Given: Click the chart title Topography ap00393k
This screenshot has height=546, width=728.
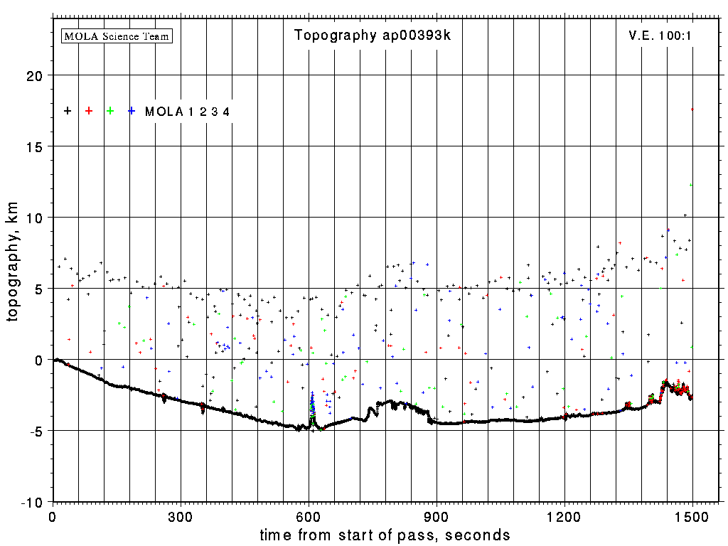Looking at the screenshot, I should click(373, 36).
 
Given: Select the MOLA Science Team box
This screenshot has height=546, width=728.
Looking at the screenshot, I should click(117, 36).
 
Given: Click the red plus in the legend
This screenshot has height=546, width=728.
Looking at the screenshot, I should click(89, 111).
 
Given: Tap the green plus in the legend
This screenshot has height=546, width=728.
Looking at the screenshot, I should click(110, 111).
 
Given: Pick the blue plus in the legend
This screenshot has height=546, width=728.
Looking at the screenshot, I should click(132, 111).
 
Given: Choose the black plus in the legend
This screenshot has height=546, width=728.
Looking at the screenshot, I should click(68, 111).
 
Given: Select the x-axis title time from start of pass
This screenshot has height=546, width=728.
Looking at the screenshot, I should click(385, 535).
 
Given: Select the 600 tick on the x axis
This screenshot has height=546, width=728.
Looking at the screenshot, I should click(309, 515).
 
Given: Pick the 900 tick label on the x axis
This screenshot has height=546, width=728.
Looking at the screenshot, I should click(437, 515).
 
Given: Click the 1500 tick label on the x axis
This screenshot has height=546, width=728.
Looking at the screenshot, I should click(692, 515).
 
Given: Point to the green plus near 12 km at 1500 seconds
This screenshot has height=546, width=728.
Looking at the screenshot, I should click(690, 185).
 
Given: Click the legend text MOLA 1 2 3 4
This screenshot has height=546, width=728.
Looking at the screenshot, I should click(187, 112).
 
